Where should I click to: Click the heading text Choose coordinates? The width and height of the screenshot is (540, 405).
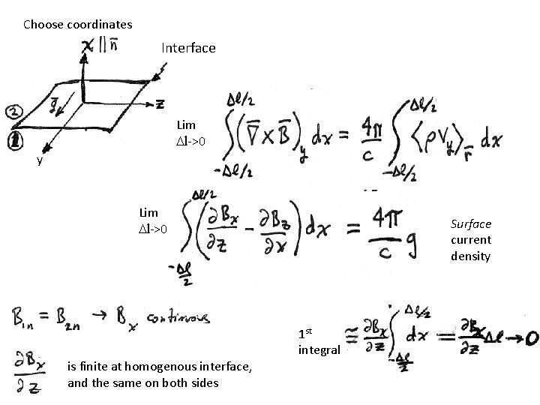click(78, 25)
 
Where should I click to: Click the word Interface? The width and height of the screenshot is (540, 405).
click(188, 48)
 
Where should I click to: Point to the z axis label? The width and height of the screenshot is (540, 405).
click(160, 102)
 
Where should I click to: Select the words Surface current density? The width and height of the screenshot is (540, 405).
click(471, 240)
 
